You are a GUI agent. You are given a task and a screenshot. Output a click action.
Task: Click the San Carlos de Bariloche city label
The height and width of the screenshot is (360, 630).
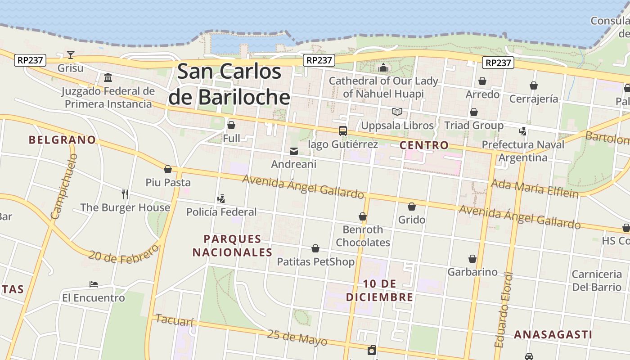click(229, 84)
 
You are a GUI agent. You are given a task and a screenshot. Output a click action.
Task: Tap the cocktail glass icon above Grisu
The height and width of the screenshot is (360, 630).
click(71, 55)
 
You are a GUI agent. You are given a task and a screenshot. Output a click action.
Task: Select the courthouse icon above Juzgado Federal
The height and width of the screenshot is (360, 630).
click(108, 78)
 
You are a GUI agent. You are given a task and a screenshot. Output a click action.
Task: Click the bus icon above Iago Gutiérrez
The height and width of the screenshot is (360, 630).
click(343, 131)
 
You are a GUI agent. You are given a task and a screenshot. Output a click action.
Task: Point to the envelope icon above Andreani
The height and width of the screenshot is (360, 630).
click(294, 151)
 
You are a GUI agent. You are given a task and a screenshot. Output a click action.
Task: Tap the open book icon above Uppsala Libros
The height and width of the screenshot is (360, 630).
click(397, 112)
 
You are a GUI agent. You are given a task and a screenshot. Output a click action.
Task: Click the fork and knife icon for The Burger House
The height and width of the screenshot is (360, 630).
click(125, 194)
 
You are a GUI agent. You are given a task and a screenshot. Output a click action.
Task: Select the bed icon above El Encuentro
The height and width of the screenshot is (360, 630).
click(94, 284)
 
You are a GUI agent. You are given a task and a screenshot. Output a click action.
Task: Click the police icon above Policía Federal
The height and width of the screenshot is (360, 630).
click(221, 198)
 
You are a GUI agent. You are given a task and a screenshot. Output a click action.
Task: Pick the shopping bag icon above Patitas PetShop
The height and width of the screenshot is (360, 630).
click(315, 248)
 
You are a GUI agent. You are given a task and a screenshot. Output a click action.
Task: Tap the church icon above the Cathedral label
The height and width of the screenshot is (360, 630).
click(383, 67)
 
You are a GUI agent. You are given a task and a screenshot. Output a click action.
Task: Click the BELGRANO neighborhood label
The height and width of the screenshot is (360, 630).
click(63, 140)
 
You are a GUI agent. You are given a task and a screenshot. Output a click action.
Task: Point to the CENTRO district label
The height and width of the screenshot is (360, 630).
click(424, 145)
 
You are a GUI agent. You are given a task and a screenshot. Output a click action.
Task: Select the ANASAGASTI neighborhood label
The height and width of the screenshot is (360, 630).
click(553, 335)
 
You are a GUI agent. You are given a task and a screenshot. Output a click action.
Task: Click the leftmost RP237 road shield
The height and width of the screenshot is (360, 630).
click(30, 60)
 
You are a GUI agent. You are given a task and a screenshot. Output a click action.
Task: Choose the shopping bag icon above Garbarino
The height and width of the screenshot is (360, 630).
click(472, 259)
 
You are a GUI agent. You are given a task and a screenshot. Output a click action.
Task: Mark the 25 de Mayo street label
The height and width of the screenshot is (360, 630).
click(297, 337)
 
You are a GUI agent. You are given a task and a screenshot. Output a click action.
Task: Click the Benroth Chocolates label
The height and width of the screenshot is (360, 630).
click(363, 236)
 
